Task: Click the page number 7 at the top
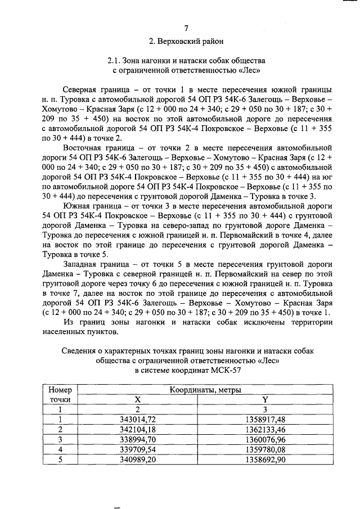click(x=186, y=28)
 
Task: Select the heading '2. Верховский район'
click(x=186, y=41)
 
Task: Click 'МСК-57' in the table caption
click(x=225, y=370)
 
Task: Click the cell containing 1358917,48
click(x=265, y=420)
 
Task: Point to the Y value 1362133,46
click(x=265, y=430)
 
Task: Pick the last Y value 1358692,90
click(x=265, y=460)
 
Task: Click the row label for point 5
click(x=60, y=460)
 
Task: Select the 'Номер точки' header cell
click(x=60, y=394)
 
